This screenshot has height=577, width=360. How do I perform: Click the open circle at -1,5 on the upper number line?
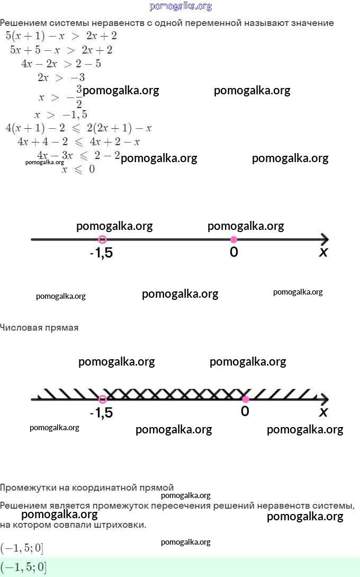click(103, 239)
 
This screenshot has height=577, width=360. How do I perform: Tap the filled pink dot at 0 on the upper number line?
click(233, 239)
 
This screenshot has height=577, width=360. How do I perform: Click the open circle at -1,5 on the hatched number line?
click(103, 399)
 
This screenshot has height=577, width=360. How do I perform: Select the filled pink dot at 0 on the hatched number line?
click(245, 399)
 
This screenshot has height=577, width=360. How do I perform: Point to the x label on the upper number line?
click(323, 252)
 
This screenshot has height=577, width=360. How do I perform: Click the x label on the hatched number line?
click(323, 412)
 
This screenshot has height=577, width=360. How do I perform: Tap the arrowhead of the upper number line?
click(325, 239)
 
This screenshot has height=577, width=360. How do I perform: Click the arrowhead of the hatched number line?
click(325, 399)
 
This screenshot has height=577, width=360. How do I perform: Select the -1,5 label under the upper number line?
click(101, 253)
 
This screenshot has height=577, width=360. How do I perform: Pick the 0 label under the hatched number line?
click(245, 411)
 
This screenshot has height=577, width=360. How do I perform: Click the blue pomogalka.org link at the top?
click(181, 6)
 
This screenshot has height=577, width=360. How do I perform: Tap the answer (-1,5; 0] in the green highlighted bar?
click(23, 567)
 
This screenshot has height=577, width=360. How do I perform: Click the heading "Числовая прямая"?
click(39, 327)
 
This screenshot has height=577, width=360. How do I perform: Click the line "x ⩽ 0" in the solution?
click(78, 169)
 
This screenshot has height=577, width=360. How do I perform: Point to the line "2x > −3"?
click(61, 77)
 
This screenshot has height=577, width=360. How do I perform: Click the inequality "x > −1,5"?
click(61, 115)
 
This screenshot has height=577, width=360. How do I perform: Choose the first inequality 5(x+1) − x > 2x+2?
click(61, 35)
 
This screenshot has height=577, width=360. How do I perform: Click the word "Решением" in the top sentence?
click(23, 23)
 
